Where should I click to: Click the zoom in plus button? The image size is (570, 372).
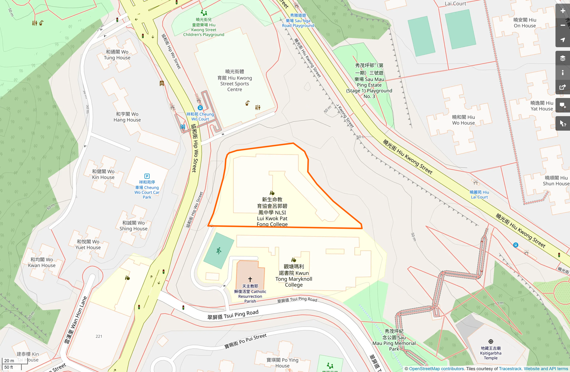pyautogui.click(x=562, y=11)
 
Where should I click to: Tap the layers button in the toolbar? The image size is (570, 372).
pyautogui.click(x=562, y=58)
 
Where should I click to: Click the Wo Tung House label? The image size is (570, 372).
pyautogui.click(x=117, y=55)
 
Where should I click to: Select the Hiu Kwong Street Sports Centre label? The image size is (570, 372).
pyautogui.click(x=234, y=80)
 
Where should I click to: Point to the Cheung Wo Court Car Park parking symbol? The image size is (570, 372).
pyautogui.click(x=147, y=176)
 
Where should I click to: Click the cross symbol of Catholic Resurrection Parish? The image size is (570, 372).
pyautogui.click(x=250, y=279)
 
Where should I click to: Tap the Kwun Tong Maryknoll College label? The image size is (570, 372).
pyautogui.click(x=294, y=276)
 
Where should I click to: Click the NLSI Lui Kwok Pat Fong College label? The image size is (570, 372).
pyautogui.click(x=272, y=212)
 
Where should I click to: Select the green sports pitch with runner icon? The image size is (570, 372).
pyautogui.click(x=219, y=250)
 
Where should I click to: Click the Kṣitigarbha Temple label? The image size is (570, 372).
pyautogui.click(x=490, y=353)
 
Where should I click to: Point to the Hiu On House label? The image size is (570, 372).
pyautogui.click(x=525, y=23)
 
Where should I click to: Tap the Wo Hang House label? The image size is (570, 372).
pyautogui.click(x=127, y=117)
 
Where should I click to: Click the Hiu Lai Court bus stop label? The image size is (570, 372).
pyautogui.click(x=479, y=194)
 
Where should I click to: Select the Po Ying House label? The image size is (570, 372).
pyautogui.click(x=282, y=363)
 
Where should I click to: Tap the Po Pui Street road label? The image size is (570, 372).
pyautogui.click(x=245, y=341)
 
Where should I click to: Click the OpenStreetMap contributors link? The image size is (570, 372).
pyautogui.click(x=436, y=369)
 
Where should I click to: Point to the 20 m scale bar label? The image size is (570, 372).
pyautogui.click(x=9, y=361)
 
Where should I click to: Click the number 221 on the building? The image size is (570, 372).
pyautogui.click(x=99, y=336)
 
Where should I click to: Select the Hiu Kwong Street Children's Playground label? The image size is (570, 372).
pyautogui.click(x=204, y=27)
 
